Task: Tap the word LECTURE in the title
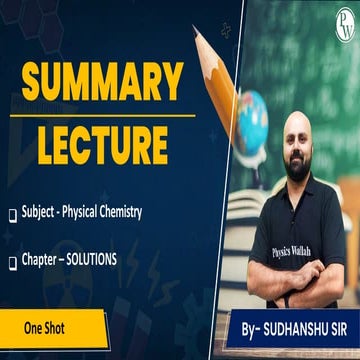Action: (103, 142)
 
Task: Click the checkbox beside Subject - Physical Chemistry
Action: (12, 213)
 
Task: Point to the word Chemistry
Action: (117, 212)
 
